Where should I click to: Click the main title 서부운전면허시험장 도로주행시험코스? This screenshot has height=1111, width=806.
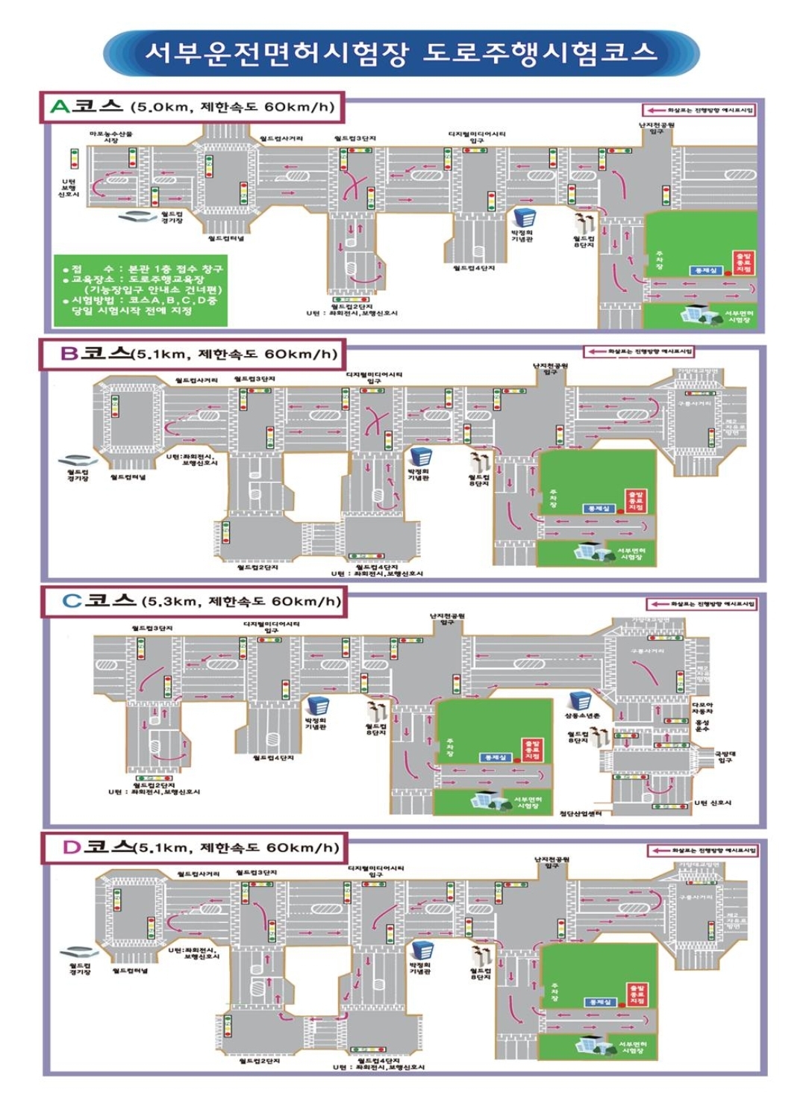[x=401, y=53]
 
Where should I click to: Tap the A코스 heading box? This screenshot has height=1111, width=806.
[x=193, y=107]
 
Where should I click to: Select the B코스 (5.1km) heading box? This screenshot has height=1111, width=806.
[x=193, y=354]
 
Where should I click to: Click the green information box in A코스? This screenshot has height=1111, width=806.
[x=140, y=290]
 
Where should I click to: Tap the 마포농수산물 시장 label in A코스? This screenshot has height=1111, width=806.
[x=110, y=137]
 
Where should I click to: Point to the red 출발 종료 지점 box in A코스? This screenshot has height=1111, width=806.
[x=743, y=262]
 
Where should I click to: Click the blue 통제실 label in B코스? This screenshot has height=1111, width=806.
[x=599, y=508]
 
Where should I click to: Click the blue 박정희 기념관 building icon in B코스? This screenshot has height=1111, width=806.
[x=420, y=456]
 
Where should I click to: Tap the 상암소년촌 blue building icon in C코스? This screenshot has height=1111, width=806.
[x=580, y=701]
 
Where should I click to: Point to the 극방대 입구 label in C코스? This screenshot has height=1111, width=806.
[x=725, y=757]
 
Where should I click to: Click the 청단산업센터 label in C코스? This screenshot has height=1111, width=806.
[x=581, y=813]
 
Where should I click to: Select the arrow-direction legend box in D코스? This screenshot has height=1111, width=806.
[x=702, y=850]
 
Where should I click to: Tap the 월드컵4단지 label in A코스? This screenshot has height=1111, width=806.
[x=474, y=268]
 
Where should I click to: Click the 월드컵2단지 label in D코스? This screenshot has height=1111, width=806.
[x=259, y=1061]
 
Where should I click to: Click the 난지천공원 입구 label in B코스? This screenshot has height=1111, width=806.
[x=550, y=368]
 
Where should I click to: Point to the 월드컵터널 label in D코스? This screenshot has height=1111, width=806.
[x=130, y=971]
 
